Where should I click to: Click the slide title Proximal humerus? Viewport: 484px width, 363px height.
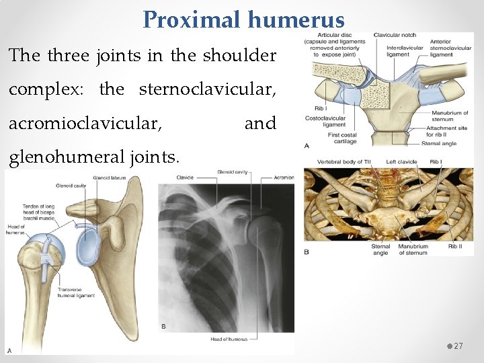pyautogui.click(x=243, y=20)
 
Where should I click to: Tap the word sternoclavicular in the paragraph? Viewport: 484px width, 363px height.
pyautogui.click(x=208, y=89)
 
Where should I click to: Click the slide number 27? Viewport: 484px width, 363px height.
pyautogui.click(x=458, y=346)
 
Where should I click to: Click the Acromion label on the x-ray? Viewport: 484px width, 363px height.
pyautogui.click(x=284, y=178)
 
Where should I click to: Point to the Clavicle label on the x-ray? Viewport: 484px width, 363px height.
pyautogui.click(x=184, y=178)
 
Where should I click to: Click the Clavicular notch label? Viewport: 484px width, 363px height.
pyautogui.click(x=395, y=35)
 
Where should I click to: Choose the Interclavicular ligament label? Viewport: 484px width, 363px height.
pyautogui.click(x=405, y=51)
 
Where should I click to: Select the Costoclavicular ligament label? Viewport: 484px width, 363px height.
pyautogui.click(x=325, y=121)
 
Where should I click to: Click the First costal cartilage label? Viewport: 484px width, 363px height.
pyautogui.click(x=342, y=138)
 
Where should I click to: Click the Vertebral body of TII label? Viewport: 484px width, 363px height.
pyautogui.click(x=340, y=162)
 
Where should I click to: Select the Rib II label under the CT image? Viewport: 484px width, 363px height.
pyautogui.click(x=456, y=247)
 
